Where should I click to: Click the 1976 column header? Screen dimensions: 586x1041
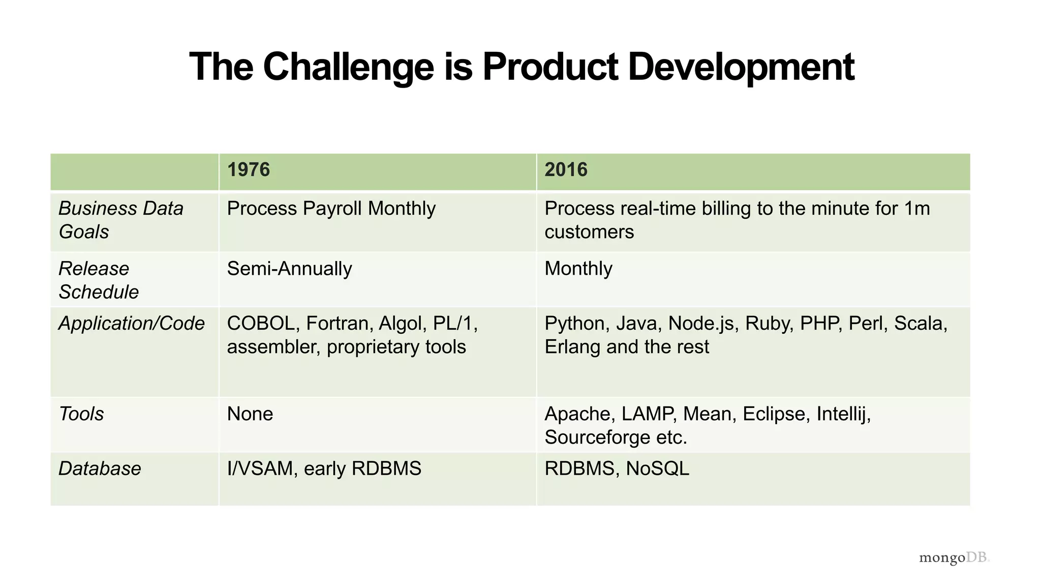click(x=248, y=170)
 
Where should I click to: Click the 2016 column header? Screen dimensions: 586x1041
click(x=566, y=170)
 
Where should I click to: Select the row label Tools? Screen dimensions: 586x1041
click(x=81, y=414)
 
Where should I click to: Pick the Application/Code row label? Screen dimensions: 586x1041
click(x=132, y=324)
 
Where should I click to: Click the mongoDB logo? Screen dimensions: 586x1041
click(x=954, y=558)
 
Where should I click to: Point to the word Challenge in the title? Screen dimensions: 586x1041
click(x=348, y=67)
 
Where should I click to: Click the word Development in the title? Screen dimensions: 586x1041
click(x=741, y=67)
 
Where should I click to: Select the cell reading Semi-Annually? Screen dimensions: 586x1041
click(x=289, y=269)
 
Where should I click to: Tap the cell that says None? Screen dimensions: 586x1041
click(x=250, y=414)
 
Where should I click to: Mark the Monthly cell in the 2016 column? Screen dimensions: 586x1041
click(x=578, y=269)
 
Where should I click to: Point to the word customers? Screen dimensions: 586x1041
click(x=589, y=232)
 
